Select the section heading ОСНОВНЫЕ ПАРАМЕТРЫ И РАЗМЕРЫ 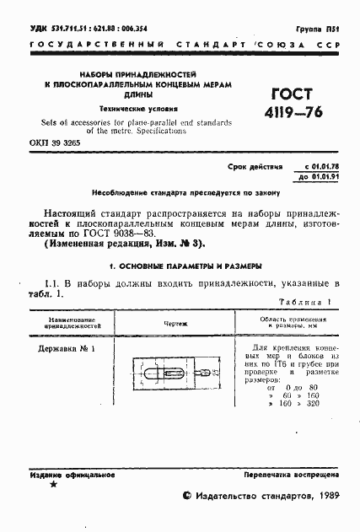click(180, 265)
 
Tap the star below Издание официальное click(54, 486)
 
